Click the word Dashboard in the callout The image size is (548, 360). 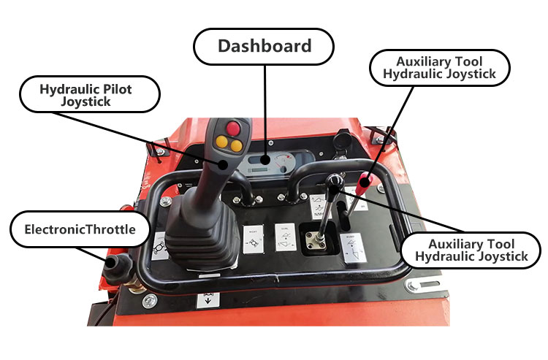point(265,46)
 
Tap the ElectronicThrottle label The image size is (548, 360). point(80,230)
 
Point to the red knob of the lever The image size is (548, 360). point(365,180)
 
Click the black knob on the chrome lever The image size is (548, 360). point(335,180)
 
